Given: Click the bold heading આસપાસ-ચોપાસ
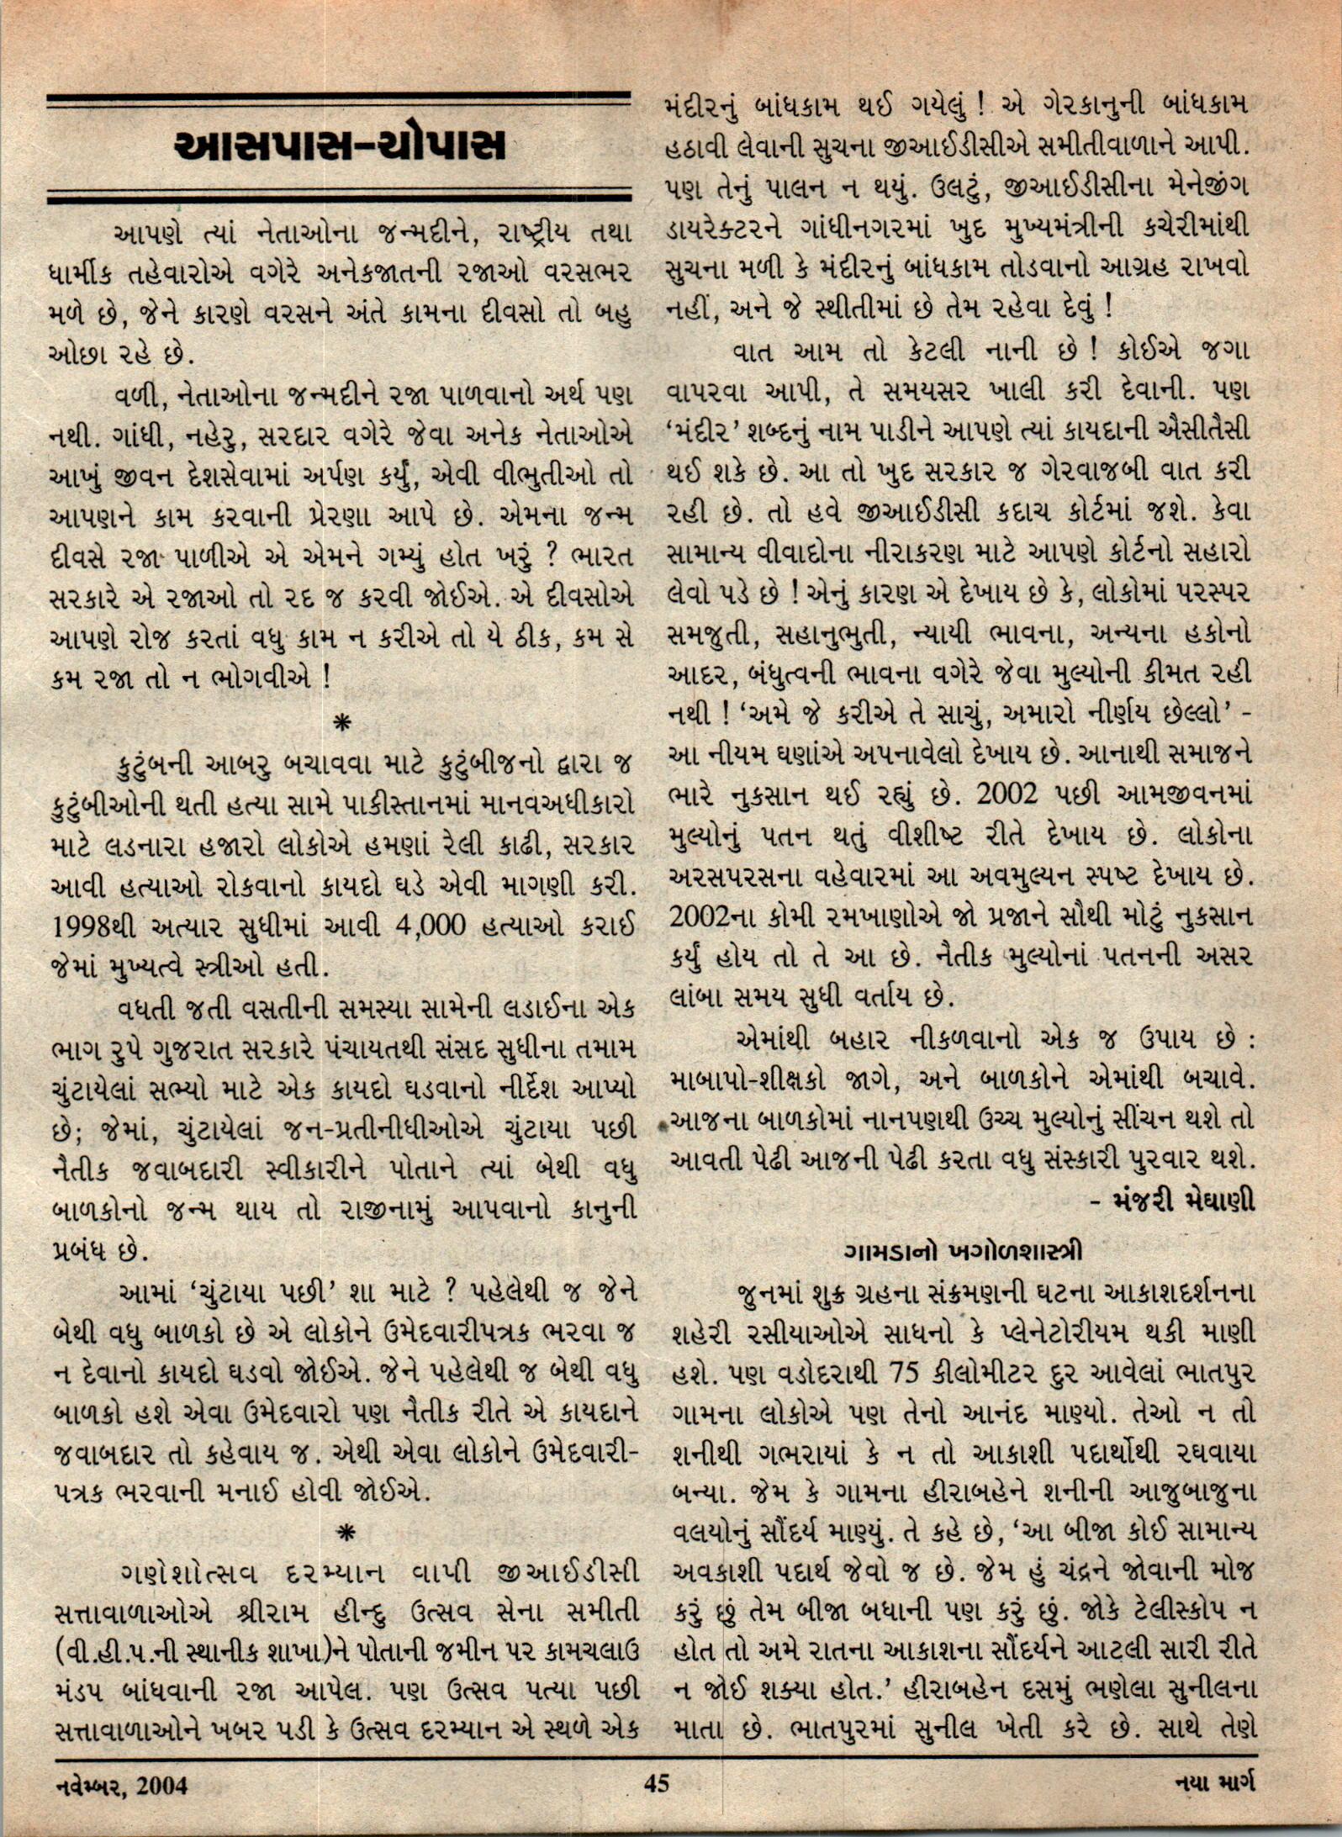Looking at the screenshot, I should (340, 147).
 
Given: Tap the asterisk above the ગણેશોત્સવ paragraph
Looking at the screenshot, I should (342, 1533).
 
